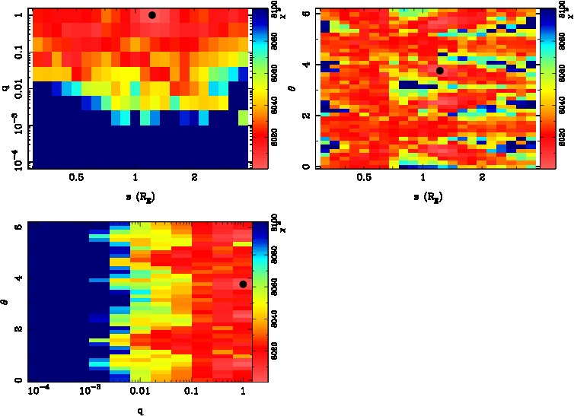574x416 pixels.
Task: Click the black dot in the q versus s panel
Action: coord(152,15)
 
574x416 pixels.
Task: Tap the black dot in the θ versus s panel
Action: coord(440,71)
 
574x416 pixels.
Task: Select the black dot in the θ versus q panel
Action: coord(243,284)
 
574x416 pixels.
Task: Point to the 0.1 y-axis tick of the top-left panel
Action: coord(14,51)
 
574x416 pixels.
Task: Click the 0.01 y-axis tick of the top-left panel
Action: coord(14,89)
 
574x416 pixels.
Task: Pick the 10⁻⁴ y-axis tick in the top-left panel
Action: coord(16,164)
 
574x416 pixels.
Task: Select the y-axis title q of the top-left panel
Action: coord(5,88)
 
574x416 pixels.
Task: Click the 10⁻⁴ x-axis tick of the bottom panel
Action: coord(38,391)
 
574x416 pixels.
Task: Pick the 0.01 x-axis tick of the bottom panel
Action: coord(139,391)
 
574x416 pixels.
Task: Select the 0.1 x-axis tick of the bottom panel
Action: coord(191,391)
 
